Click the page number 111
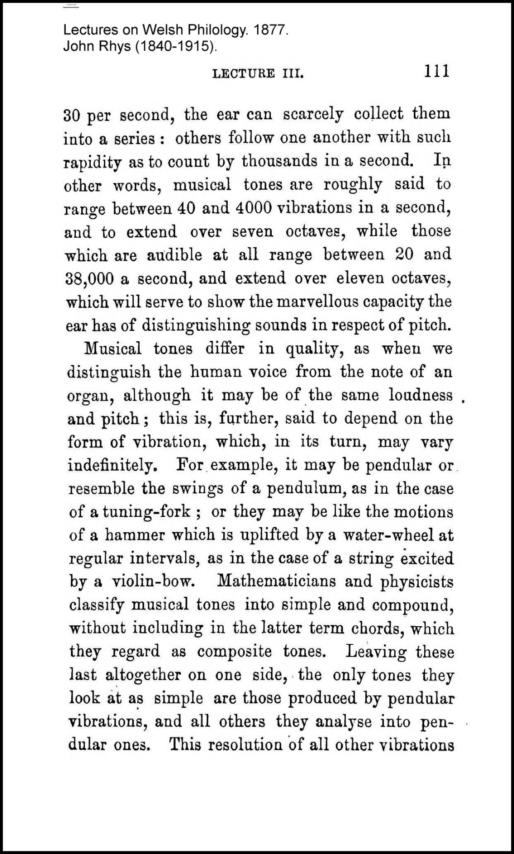tap(436, 71)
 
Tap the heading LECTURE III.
tap(258, 74)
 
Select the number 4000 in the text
tap(254, 208)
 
